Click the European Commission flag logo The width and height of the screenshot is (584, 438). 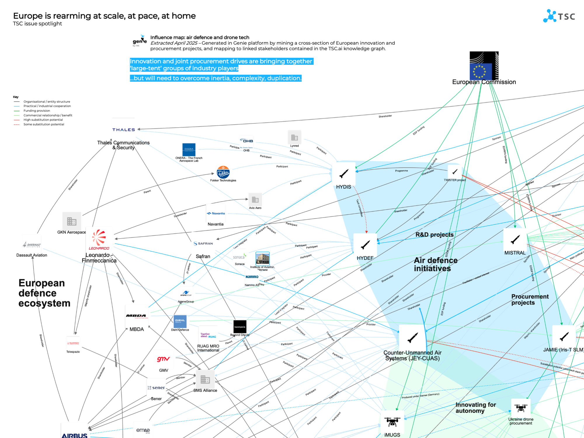pyautogui.click(x=484, y=66)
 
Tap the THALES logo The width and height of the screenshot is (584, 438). pyautogui.click(x=124, y=130)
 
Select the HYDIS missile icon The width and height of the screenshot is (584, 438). pyautogui.click(x=344, y=173)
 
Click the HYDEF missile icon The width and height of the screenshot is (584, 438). pyautogui.click(x=365, y=245)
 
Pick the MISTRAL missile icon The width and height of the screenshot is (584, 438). pyautogui.click(x=515, y=240)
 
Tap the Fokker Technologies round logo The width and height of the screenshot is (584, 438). pyautogui.click(x=223, y=172)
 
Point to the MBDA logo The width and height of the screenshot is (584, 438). pyautogui.click(x=136, y=316)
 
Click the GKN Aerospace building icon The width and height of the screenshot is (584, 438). pyautogui.click(x=72, y=221)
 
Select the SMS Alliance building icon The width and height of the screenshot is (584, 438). pyautogui.click(x=205, y=379)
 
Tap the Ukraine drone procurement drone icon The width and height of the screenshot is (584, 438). pyautogui.click(x=521, y=408)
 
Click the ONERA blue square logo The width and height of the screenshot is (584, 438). pyautogui.click(x=189, y=150)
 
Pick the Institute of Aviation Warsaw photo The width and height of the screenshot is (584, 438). pyautogui.click(x=262, y=258)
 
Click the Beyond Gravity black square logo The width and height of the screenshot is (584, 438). pyautogui.click(x=240, y=326)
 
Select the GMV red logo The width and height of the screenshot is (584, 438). pyautogui.click(x=163, y=359)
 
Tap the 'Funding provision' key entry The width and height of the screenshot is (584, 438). pyautogui.click(x=37, y=111)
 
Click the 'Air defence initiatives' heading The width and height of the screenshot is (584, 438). pyautogui.click(x=435, y=264)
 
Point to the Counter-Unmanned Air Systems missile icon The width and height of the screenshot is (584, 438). pyautogui.click(x=412, y=338)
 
